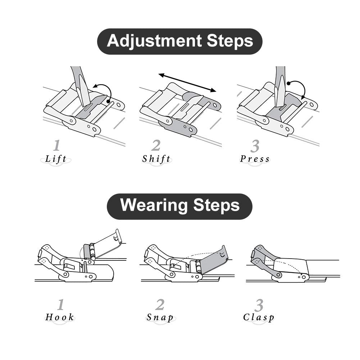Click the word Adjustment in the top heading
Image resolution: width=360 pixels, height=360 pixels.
pos(155,41)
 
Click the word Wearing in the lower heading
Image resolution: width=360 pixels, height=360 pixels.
pos(154,205)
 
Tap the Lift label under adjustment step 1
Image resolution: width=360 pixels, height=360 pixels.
pos(56,159)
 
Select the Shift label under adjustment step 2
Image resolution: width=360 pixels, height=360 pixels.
pos(156,159)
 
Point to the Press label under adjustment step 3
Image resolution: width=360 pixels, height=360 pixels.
pos(255,159)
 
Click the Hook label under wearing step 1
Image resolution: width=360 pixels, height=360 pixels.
pos(60,317)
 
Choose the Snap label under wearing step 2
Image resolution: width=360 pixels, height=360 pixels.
pos(160,318)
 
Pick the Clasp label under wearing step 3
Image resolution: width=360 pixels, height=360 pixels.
pos(259,318)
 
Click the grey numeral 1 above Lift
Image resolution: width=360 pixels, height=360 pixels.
pos(56,145)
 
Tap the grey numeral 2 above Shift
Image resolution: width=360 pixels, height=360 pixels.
pos(156,145)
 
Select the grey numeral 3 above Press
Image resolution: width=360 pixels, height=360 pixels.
pos(255,146)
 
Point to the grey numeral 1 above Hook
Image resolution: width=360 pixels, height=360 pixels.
pos(60,305)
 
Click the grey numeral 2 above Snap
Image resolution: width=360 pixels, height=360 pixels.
pos(160,305)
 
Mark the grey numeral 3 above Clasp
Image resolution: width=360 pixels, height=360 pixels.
pos(259,305)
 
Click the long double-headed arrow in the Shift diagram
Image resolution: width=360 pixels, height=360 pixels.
pos(187,82)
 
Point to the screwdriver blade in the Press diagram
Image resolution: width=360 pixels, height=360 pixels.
pos(279,96)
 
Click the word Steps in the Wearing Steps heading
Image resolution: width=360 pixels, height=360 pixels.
pos(217,205)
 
